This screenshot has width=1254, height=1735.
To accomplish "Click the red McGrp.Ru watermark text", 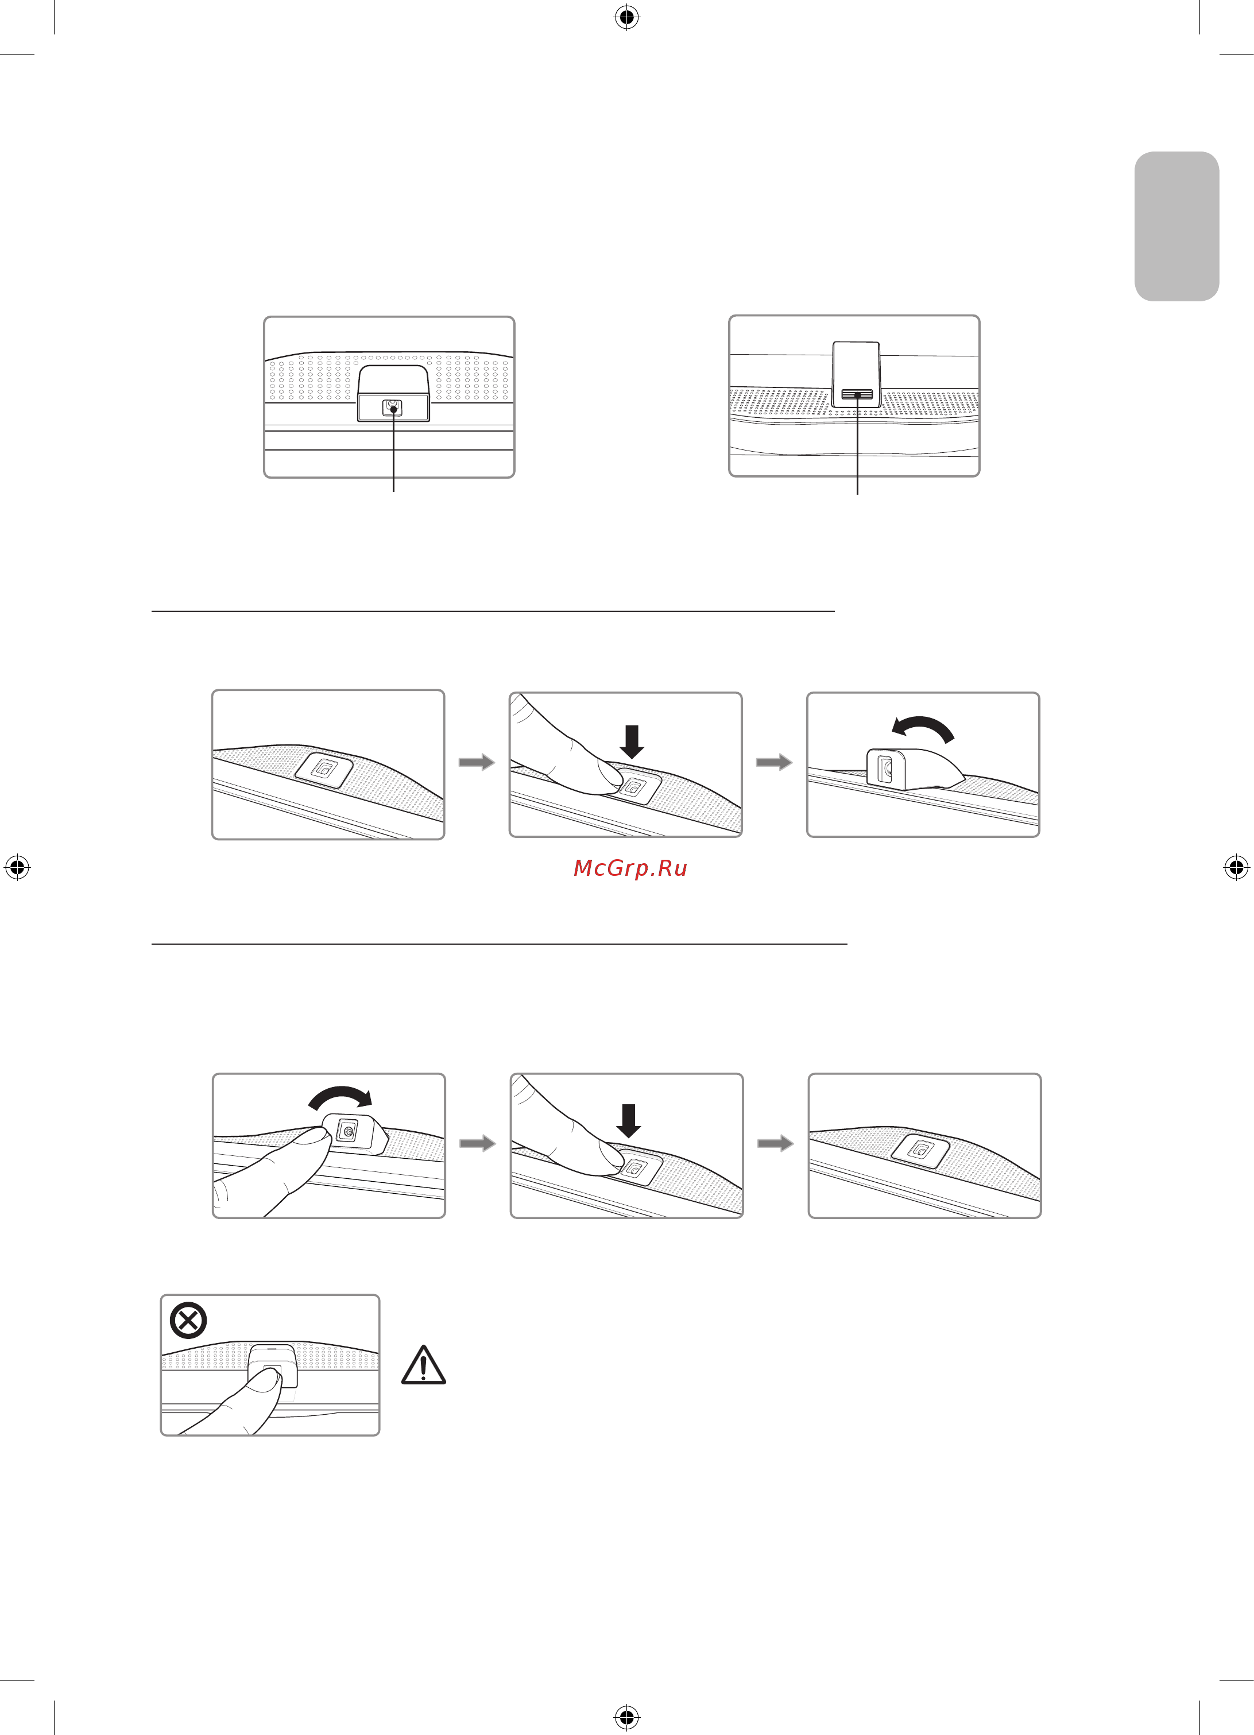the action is pyautogui.click(x=630, y=868).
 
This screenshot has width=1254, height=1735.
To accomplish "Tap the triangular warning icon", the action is pyautogui.click(x=423, y=1365).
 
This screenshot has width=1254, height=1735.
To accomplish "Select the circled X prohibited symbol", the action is pyautogui.click(x=188, y=1319).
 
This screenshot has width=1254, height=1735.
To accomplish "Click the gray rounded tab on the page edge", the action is pyautogui.click(x=1176, y=227).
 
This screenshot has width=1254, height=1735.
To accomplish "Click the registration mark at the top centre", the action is pyautogui.click(x=626, y=17).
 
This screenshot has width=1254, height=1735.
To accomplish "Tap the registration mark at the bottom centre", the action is pyautogui.click(x=626, y=1717).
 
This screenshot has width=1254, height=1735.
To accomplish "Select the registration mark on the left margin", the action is pyautogui.click(x=17, y=868).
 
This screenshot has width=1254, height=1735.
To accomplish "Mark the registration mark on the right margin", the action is pyautogui.click(x=1236, y=868).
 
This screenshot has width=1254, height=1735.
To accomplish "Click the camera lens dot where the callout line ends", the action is pyautogui.click(x=393, y=409).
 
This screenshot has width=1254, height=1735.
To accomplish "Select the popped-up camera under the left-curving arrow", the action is pyautogui.click(x=913, y=767).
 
